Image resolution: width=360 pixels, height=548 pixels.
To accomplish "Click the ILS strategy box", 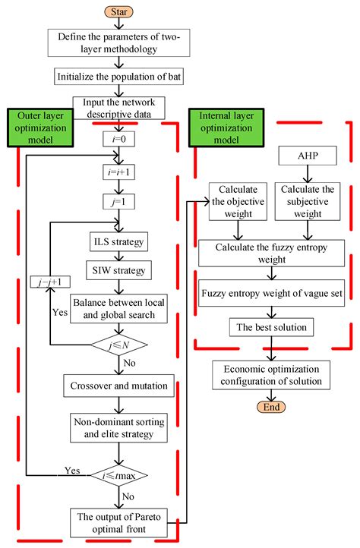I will click(x=118, y=242).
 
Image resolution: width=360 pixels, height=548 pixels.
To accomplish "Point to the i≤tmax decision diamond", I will click(x=118, y=477).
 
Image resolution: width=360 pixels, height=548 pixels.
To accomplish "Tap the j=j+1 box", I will click(x=46, y=282).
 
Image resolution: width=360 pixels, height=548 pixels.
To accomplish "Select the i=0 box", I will click(x=118, y=140).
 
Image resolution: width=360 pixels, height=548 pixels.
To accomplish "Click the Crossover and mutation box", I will click(x=118, y=385).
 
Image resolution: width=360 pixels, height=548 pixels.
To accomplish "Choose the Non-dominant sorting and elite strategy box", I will click(x=118, y=429).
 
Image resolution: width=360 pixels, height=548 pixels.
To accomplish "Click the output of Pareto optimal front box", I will click(x=118, y=522).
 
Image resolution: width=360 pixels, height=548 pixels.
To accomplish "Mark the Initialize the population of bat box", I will click(x=118, y=77).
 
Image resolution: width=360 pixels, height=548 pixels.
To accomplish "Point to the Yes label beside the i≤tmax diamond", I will click(x=72, y=469).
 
